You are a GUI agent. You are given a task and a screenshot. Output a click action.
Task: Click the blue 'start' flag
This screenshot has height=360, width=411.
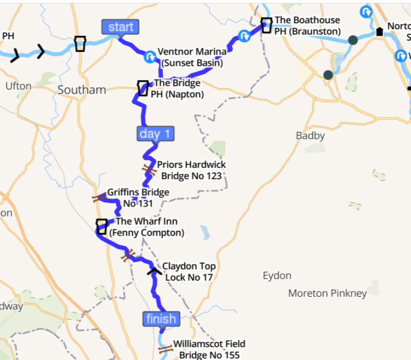pyautogui.click(x=120, y=27)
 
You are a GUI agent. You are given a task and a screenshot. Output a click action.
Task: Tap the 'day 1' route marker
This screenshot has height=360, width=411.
pyautogui.click(x=156, y=134)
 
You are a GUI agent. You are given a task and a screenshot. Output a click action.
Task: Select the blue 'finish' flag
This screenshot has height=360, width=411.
pyautogui.click(x=161, y=319)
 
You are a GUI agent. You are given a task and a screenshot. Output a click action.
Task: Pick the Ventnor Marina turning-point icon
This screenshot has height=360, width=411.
pyautogui.click(x=150, y=55)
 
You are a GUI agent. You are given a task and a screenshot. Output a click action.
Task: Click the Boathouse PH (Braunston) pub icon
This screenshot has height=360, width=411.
pyautogui.click(x=266, y=25)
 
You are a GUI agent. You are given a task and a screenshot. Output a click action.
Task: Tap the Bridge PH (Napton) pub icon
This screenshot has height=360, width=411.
pyautogui.click(x=142, y=88)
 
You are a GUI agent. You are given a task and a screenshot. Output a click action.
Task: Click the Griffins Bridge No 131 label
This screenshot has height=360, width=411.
pyautogui.click(x=138, y=197)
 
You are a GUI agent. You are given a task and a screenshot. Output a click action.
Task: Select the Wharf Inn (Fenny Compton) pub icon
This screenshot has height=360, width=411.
pyautogui.click(x=101, y=226)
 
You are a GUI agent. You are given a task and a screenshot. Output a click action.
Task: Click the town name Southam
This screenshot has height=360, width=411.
pyautogui.click(x=81, y=90)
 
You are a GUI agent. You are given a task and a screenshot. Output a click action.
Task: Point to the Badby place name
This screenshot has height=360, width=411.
pyautogui.click(x=310, y=136)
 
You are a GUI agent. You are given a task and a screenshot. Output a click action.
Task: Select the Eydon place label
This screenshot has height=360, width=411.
pyautogui.click(x=277, y=276)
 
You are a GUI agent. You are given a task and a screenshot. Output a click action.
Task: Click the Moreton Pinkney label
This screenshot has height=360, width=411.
pyautogui.click(x=328, y=293)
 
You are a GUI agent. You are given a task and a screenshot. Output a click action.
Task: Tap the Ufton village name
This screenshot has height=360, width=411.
pyautogui.click(x=18, y=86)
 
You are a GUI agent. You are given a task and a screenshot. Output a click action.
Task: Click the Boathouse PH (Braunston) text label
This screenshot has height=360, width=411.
pyautogui.click(x=307, y=26)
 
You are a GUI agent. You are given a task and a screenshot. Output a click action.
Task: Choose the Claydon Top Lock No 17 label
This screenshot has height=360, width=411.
pyautogui.click(x=189, y=272)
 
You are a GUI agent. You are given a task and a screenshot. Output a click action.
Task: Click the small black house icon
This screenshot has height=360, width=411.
pyautogui.click(x=379, y=32)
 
